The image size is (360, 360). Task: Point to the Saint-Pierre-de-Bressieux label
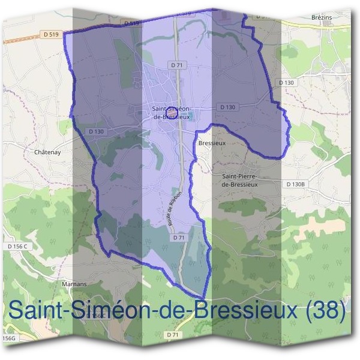(239, 180)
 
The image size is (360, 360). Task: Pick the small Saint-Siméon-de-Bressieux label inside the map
(172, 113)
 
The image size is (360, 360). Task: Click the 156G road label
(9, 339)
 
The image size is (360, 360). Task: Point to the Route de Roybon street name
(173, 213)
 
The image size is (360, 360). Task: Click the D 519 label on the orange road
(50, 35)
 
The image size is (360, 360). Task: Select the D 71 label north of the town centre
(176, 64)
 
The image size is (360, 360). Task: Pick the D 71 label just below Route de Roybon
(178, 238)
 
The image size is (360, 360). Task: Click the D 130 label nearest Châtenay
(96, 131)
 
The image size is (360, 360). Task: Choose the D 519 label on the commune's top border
(131, 23)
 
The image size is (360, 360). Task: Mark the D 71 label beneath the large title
(173, 334)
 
